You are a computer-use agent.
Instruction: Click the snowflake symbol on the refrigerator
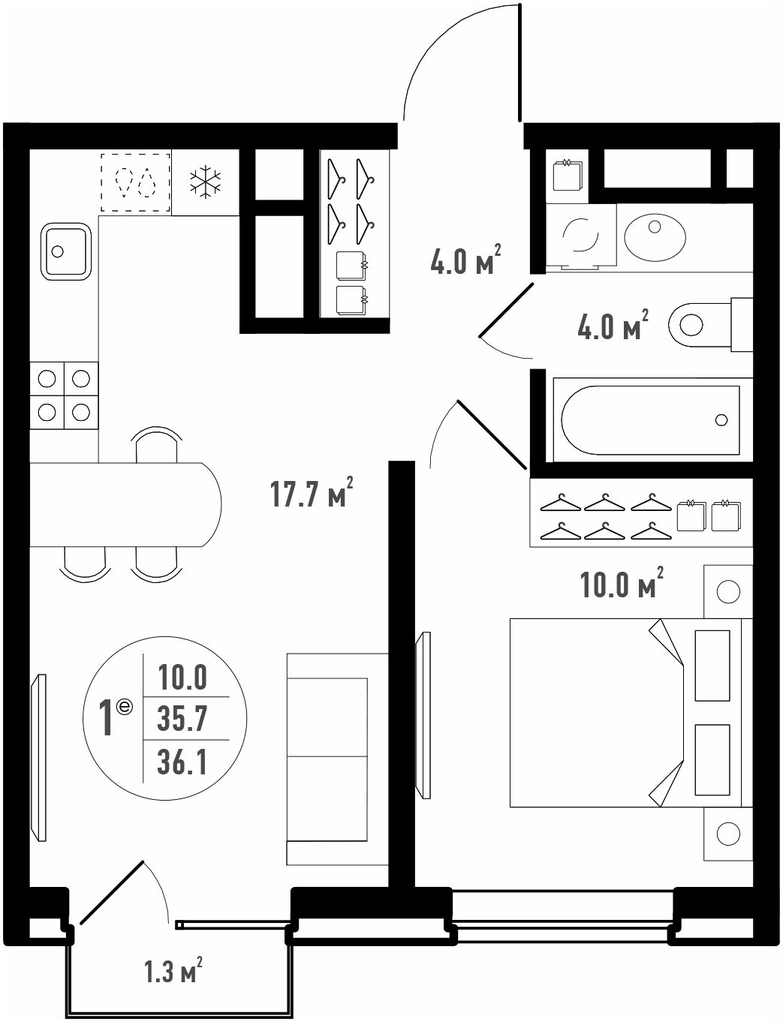click(205, 182)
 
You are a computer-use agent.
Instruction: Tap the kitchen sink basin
click(65, 251)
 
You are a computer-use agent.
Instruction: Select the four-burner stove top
click(64, 395)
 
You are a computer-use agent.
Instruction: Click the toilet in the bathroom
click(710, 324)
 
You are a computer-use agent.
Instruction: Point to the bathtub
click(650, 420)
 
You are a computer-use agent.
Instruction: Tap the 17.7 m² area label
click(312, 492)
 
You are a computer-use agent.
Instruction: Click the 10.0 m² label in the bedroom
click(622, 582)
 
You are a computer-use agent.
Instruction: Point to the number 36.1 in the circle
click(182, 762)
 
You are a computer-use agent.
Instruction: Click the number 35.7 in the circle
click(182, 719)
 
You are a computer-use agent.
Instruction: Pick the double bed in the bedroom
click(631, 713)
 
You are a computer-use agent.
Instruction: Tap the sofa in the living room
click(337, 759)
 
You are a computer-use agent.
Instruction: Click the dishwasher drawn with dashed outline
click(136, 182)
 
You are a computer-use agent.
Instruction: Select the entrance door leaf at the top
click(520, 62)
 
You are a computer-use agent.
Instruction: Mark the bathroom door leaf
click(506, 309)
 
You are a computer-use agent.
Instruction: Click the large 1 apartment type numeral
click(107, 717)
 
